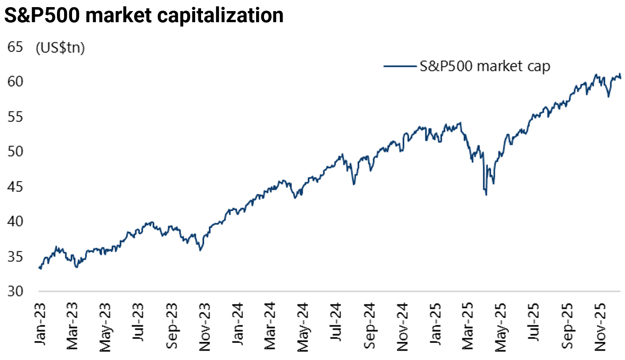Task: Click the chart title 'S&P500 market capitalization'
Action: coord(144,15)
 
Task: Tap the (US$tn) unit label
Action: coord(60,48)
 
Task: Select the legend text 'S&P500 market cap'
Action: coord(484,66)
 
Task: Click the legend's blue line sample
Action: coord(401,66)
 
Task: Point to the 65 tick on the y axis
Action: coord(15,47)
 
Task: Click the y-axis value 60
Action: coord(15,82)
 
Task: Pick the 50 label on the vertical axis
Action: coord(15,152)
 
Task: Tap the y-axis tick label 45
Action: coord(15,187)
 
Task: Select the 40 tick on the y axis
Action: coord(15,221)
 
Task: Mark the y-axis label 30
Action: coord(15,291)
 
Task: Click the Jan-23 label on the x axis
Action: coord(40,324)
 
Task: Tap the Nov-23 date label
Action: coord(204,327)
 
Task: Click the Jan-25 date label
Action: coord(435,324)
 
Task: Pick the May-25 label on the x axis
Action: coord(501,327)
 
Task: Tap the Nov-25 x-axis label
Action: coord(600,327)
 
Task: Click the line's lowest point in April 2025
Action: coord(486,195)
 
